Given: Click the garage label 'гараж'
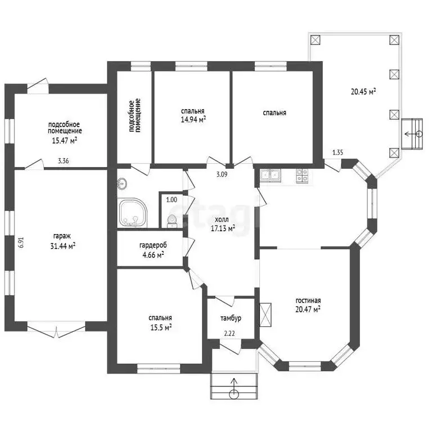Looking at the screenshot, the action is point(62,236).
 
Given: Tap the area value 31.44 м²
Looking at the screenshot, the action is point(63,246).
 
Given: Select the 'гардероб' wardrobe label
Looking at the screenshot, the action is point(153,245).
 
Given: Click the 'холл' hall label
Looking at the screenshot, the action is point(222,219).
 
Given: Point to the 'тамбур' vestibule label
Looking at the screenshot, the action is point(231,318).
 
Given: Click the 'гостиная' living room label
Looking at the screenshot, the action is point(308,300).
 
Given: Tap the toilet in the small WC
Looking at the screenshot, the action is point(172,221).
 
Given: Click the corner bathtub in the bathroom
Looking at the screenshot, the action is point(133,213).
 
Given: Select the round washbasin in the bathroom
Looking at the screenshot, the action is point(122,184).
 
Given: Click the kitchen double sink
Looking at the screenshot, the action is point(271,175).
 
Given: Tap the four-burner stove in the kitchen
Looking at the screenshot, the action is point(302,175).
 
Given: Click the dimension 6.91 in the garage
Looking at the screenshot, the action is point(21,243).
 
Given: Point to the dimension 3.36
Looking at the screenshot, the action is point(64,161).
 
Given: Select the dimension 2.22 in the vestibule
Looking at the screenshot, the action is point(229,334).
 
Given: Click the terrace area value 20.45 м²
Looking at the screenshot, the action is point(363,92).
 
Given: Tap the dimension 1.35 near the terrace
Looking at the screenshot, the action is point(337,152).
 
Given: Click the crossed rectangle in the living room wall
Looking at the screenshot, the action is point(265,314).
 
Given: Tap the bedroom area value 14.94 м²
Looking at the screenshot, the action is point(193,120).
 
